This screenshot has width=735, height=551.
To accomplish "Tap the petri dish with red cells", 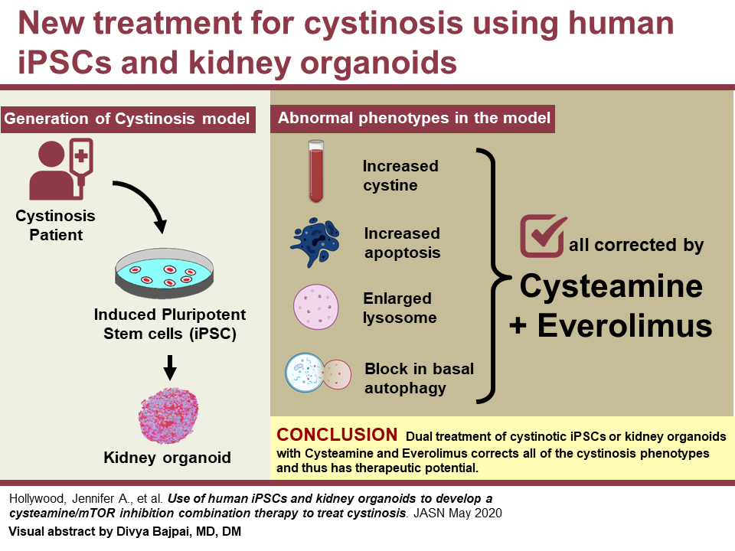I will (166, 274).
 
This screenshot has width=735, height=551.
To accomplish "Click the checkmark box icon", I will (543, 236).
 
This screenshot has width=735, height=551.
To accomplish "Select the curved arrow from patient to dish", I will (145, 203).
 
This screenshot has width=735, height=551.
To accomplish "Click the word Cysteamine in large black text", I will (611, 286).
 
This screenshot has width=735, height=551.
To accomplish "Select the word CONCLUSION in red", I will (337, 435).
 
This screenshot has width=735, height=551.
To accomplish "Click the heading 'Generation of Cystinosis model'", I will (127, 119).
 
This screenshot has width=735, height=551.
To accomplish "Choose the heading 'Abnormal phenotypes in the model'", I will (413, 119).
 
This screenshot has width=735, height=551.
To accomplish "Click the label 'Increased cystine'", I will (400, 175).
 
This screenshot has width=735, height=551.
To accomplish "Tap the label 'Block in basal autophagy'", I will (419, 378).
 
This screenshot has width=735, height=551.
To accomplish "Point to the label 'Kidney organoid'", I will (167, 458).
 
